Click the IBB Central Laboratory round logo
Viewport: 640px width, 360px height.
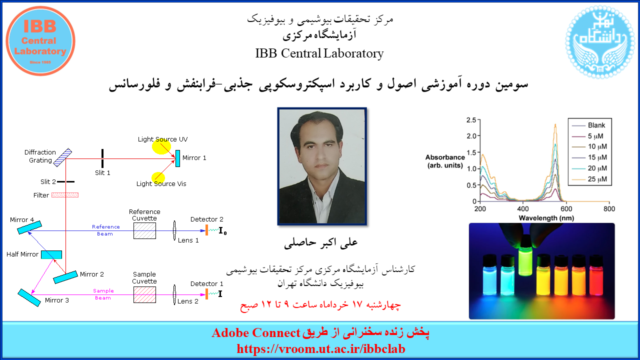point(40,41)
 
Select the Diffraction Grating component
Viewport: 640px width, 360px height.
point(62,157)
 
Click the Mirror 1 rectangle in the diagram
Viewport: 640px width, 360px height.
point(177,158)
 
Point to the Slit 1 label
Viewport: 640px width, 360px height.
point(102,172)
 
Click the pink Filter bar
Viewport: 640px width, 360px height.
point(65,195)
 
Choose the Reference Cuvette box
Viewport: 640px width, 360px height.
point(145,230)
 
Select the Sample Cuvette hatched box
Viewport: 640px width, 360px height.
point(145,294)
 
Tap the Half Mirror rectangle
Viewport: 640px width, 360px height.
point(51,254)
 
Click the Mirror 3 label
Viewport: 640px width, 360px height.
point(57,300)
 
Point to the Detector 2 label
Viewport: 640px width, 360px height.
point(207,219)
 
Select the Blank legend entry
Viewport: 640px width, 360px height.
point(588,125)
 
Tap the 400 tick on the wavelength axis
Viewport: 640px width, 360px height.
point(523,209)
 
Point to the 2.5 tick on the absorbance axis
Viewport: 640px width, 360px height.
point(471,120)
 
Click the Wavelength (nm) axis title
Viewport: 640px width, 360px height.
point(546,218)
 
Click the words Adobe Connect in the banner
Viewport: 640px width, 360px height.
point(256,333)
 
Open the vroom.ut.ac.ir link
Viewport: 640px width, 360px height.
point(321,349)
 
